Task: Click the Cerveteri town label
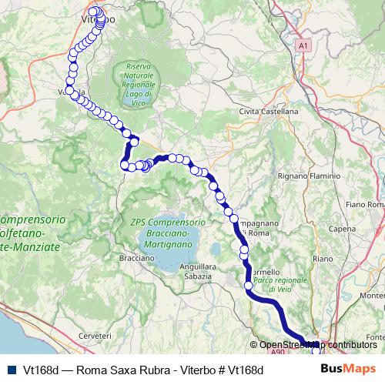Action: coord(95,336)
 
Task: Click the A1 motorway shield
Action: coord(304,45)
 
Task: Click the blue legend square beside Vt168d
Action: coord(11,370)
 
